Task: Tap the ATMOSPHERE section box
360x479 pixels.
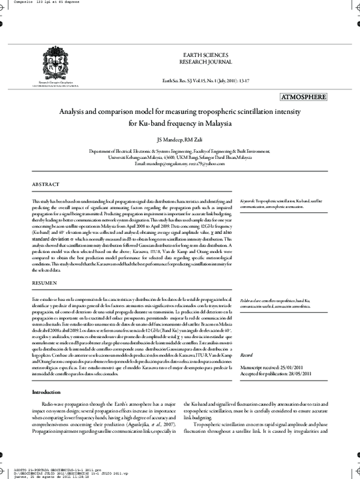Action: tap(302, 97)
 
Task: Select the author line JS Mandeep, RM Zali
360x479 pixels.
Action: tap(179, 140)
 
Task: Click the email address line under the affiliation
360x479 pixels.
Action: tap(179, 163)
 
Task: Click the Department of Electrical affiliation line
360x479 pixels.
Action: tap(179, 152)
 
